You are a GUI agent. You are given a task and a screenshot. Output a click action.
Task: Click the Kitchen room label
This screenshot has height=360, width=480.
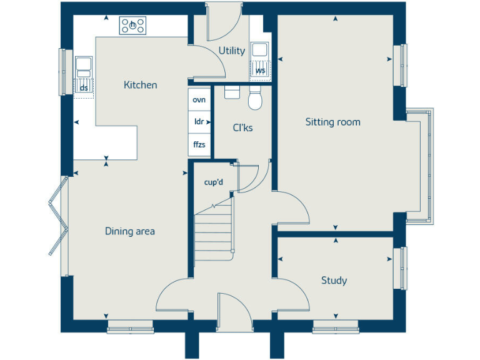(x=140, y=85)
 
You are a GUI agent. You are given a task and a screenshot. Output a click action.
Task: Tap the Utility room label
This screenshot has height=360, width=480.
(x=231, y=51)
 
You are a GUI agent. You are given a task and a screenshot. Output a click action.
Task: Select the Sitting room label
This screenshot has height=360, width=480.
(x=332, y=122)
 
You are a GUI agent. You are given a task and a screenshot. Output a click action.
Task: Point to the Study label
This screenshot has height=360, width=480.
(x=334, y=281)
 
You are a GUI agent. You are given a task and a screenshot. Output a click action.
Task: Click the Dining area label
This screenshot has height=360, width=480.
(x=129, y=231)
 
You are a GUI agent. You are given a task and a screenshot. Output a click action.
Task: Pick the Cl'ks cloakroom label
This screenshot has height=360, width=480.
(x=242, y=128)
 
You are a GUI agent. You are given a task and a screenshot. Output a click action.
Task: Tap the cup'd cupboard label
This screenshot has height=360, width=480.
(x=214, y=182)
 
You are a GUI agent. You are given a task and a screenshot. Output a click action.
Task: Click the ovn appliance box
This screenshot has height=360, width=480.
(x=199, y=100)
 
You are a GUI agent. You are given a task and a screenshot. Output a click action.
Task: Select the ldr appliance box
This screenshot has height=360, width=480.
(x=199, y=122)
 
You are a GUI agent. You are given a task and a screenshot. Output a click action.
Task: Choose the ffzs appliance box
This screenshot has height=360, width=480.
(x=199, y=144)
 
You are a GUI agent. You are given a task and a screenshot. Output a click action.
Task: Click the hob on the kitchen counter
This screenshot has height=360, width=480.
(x=133, y=26)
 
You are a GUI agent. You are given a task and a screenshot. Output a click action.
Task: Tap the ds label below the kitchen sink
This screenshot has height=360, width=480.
(x=84, y=87)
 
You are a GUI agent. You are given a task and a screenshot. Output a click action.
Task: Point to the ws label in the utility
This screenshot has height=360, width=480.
(x=260, y=71)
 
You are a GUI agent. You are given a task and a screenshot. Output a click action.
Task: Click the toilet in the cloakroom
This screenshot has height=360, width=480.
(x=254, y=99)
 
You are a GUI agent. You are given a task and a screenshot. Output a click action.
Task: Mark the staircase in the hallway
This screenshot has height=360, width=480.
(x=213, y=234)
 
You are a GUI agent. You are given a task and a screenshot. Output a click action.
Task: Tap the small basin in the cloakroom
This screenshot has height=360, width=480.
(x=231, y=92)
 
